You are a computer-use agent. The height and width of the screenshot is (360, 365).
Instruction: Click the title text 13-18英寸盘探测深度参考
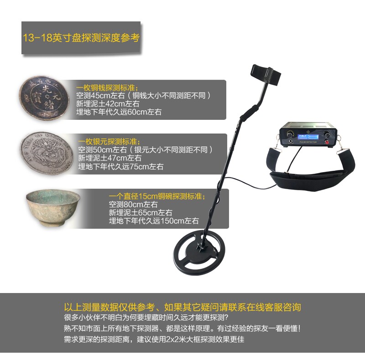[x=81, y=37]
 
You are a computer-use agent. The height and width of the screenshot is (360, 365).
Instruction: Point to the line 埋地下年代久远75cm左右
[x=120, y=167]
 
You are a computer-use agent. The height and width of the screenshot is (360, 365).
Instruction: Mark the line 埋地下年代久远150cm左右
[x=154, y=221]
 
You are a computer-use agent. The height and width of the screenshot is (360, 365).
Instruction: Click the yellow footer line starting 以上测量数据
[x=182, y=307]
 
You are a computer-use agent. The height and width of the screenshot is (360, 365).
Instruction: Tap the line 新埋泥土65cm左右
[x=140, y=213]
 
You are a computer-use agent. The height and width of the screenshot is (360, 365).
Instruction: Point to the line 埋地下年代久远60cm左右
[x=120, y=112]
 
